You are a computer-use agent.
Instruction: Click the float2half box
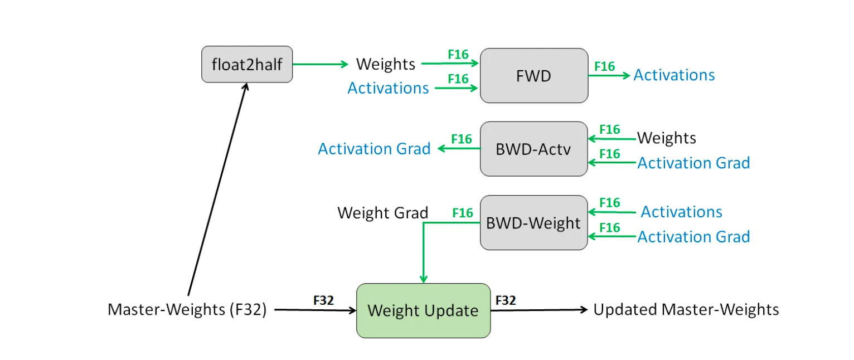click(247, 64)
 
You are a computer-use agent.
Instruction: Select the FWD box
click(533, 75)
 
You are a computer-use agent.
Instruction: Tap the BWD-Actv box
click(533, 149)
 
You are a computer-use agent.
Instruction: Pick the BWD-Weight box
click(533, 222)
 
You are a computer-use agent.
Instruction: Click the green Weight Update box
click(423, 310)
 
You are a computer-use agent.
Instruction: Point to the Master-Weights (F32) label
click(187, 309)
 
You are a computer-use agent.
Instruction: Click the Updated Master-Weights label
click(686, 309)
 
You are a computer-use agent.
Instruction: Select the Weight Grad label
click(382, 213)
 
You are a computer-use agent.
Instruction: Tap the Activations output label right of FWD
click(674, 75)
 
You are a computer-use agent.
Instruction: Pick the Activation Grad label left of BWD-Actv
click(374, 149)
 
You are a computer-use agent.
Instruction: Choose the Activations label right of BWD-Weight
click(681, 212)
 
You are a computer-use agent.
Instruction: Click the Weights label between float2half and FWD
click(386, 64)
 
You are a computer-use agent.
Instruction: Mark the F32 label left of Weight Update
click(323, 300)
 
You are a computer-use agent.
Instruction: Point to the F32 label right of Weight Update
click(505, 300)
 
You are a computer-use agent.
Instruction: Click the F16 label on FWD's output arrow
click(604, 66)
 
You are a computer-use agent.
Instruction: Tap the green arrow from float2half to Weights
click(320, 64)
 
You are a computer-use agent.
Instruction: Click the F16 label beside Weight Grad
click(463, 213)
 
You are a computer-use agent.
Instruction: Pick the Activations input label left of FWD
click(388, 87)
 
